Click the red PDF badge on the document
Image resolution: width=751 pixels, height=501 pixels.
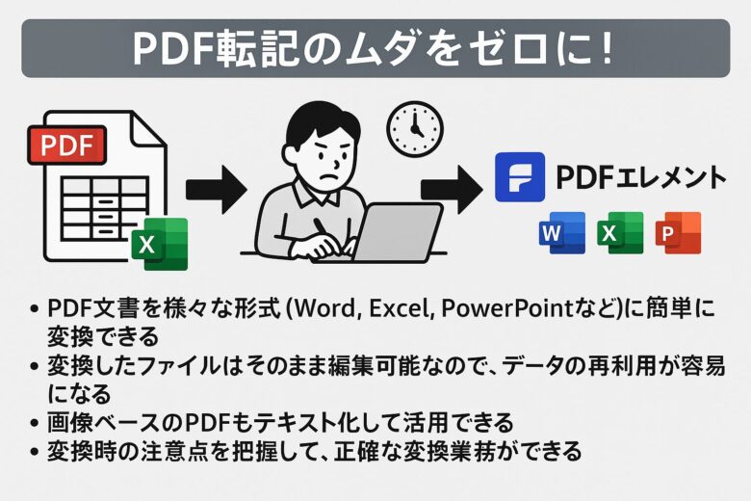tap(66, 145)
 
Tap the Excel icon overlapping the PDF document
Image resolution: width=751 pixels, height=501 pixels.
tap(160, 244)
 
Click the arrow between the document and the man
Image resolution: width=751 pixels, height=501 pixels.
tap(217, 189)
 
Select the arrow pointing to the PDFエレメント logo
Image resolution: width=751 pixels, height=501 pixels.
tap(452, 189)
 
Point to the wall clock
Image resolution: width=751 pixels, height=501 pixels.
tap(415, 129)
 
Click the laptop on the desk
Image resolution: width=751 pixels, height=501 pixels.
tap(378, 233)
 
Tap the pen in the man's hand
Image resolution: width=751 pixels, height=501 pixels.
tap(323, 231)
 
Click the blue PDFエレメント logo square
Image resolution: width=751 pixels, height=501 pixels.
tap(520, 176)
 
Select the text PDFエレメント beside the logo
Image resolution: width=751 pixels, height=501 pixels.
tap(640, 177)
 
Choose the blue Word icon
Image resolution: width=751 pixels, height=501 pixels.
tap(562, 232)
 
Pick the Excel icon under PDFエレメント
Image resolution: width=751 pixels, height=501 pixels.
tap(620, 232)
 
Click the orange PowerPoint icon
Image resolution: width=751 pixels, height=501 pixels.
tap(678, 232)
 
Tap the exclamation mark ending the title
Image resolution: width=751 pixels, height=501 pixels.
tap(608, 48)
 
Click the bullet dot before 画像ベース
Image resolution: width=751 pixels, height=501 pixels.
tap(34, 423)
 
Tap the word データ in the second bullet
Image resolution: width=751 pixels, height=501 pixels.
tap(531, 366)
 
